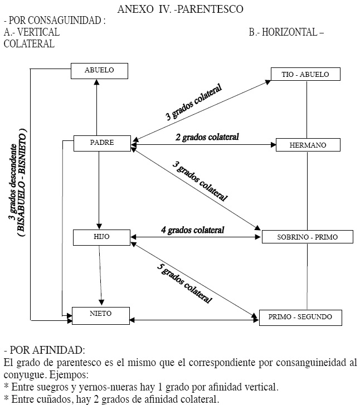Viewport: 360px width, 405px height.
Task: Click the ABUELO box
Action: coord(99,71)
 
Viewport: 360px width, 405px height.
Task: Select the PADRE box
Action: coord(102,143)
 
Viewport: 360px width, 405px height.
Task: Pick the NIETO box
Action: coord(100,314)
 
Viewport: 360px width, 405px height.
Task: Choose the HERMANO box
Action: coord(308,145)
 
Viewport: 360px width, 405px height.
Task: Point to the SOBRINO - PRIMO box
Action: coord(307,237)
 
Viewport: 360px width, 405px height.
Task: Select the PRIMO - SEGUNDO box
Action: coord(300,317)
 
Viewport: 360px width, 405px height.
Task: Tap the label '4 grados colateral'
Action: coord(193,230)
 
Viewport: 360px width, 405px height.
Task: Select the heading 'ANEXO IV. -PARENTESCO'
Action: coord(181,9)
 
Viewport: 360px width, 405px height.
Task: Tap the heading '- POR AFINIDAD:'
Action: coord(44,350)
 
